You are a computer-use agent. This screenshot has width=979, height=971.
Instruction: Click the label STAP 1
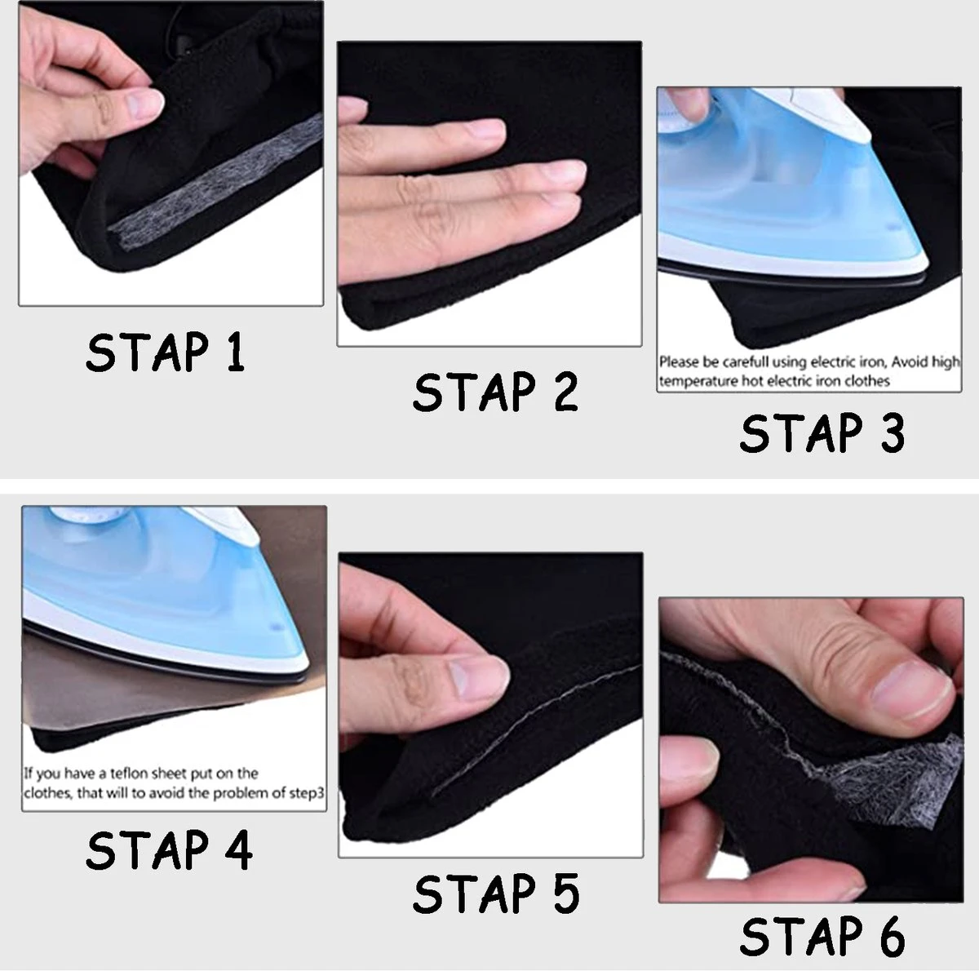pos(165,352)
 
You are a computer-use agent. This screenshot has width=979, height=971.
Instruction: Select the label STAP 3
pos(822,432)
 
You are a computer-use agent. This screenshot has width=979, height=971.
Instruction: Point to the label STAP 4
pos(169,849)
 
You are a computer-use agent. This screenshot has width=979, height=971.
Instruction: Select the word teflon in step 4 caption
pos(125,774)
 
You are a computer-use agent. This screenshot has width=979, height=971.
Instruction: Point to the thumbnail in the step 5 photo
pos(479,678)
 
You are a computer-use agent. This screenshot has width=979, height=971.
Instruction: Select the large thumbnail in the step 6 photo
pos(912,694)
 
